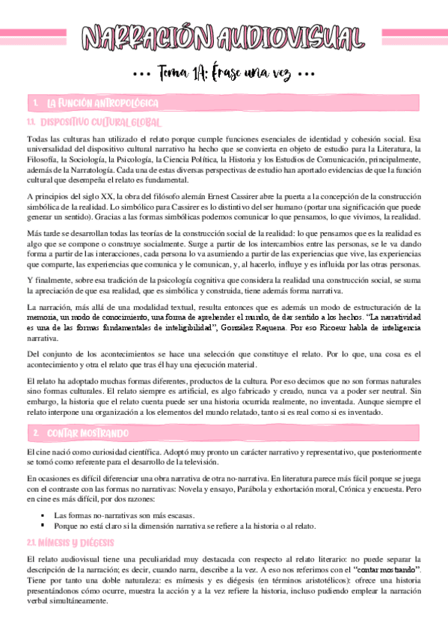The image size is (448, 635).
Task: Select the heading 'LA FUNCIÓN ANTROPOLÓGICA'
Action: [101, 103]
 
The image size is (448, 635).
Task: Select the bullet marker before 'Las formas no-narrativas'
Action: [46, 515]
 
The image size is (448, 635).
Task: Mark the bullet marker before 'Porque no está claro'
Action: [46, 526]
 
